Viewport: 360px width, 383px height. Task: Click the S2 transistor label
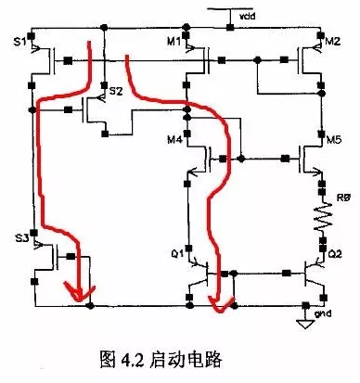116,91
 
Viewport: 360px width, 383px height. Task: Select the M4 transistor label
174,140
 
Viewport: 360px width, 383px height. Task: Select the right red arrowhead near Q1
218,301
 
